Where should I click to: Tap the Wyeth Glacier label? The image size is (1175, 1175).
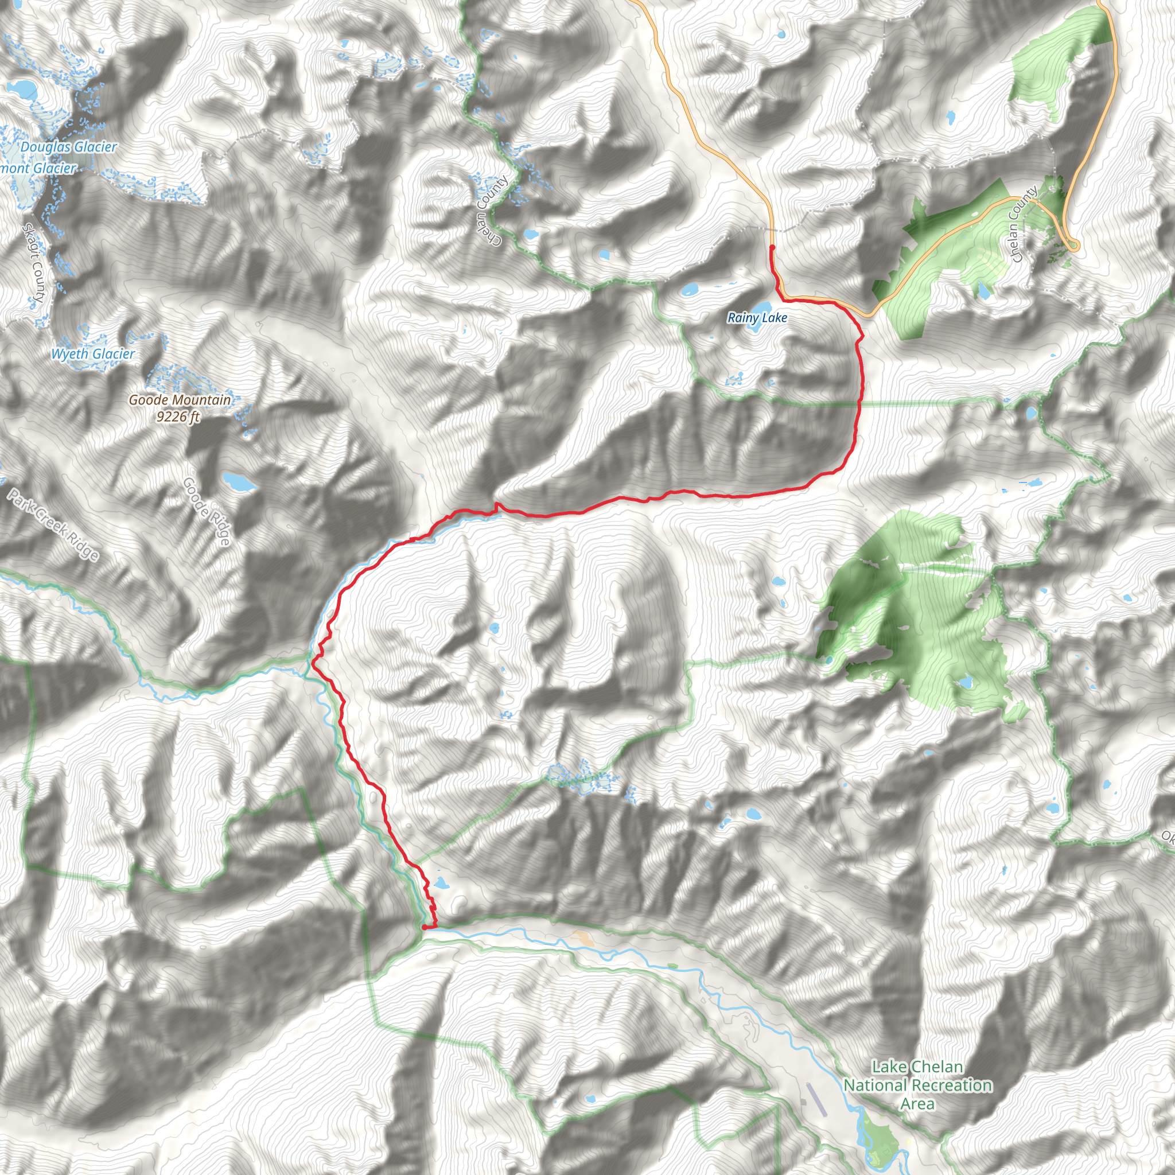click(x=92, y=354)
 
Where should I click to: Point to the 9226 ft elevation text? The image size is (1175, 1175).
click(x=178, y=417)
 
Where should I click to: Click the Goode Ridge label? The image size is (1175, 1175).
click(x=207, y=511)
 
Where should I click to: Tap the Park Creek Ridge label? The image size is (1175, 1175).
click(x=53, y=524)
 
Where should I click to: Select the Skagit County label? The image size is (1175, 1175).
click(x=33, y=263)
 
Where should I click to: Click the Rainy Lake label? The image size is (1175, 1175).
click(x=757, y=317)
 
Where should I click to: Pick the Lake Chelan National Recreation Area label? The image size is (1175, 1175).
click(x=918, y=1085)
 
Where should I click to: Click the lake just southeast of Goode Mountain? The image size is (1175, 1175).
click(x=239, y=482)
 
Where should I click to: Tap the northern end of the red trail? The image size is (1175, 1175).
click(x=772, y=247)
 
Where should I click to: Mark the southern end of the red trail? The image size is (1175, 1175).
click(x=423, y=928)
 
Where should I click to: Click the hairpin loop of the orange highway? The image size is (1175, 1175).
click(x=1073, y=246)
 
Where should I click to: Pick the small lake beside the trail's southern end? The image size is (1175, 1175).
click(x=442, y=883)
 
